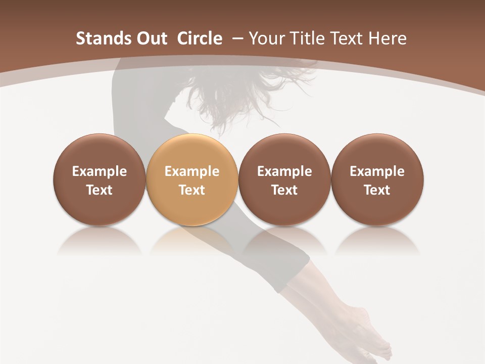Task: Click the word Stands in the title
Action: click(x=99, y=38)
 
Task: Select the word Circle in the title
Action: click(x=200, y=38)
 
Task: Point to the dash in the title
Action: click(x=235, y=39)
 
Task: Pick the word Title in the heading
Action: click(x=303, y=38)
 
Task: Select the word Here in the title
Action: click(x=386, y=38)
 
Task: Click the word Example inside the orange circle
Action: click(x=192, y=172)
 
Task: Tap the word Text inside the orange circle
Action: click(x=192, y=190)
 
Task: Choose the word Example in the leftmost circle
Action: click(x=100, y=172)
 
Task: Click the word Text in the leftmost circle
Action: click(x=100, y=190)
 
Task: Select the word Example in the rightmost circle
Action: click(x=377, y=172)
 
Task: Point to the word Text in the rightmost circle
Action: click(x=377, y=190)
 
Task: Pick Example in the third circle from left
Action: click(x=284, y=172)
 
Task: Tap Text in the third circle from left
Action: click(x=284, y=190)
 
